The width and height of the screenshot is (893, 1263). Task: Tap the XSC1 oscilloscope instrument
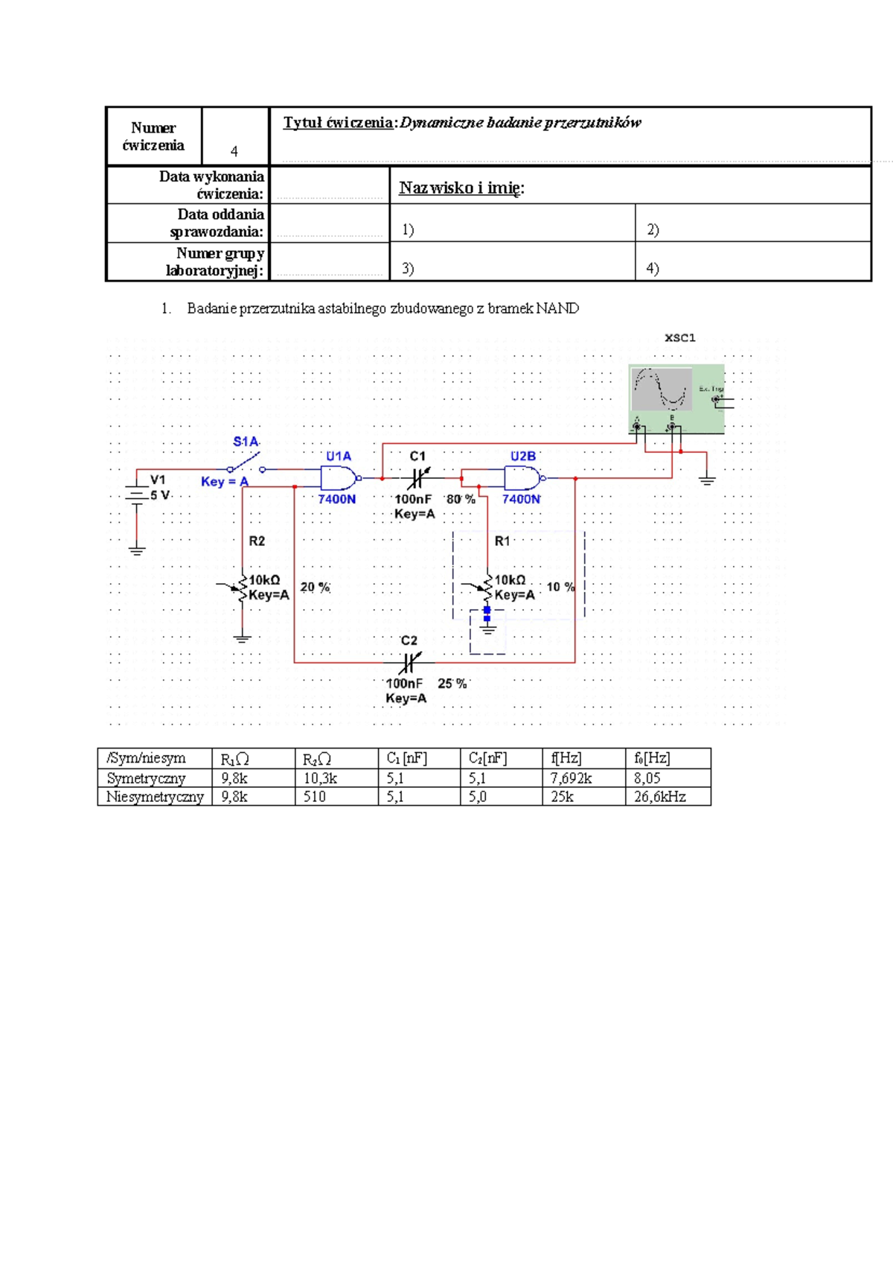676,398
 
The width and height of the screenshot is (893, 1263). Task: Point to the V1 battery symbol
137,494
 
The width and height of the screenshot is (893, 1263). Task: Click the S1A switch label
246,442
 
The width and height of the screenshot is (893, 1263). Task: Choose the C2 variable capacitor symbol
409,661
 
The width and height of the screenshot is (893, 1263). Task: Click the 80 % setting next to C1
461,499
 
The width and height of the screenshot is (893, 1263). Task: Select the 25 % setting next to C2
452,684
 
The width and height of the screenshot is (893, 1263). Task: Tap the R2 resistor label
257,541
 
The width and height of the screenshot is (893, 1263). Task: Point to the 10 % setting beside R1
560,587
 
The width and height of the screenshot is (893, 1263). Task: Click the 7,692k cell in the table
571,778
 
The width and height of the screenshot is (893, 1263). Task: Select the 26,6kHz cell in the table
660,797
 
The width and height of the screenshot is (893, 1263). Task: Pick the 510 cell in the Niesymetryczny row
314,797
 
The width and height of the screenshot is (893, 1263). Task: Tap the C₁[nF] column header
406,758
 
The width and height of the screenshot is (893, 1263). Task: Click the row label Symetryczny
146,778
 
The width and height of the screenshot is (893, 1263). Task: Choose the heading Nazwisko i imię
461,188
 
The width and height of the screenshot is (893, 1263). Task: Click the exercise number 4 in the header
234,151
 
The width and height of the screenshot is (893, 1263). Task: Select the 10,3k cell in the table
320,778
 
